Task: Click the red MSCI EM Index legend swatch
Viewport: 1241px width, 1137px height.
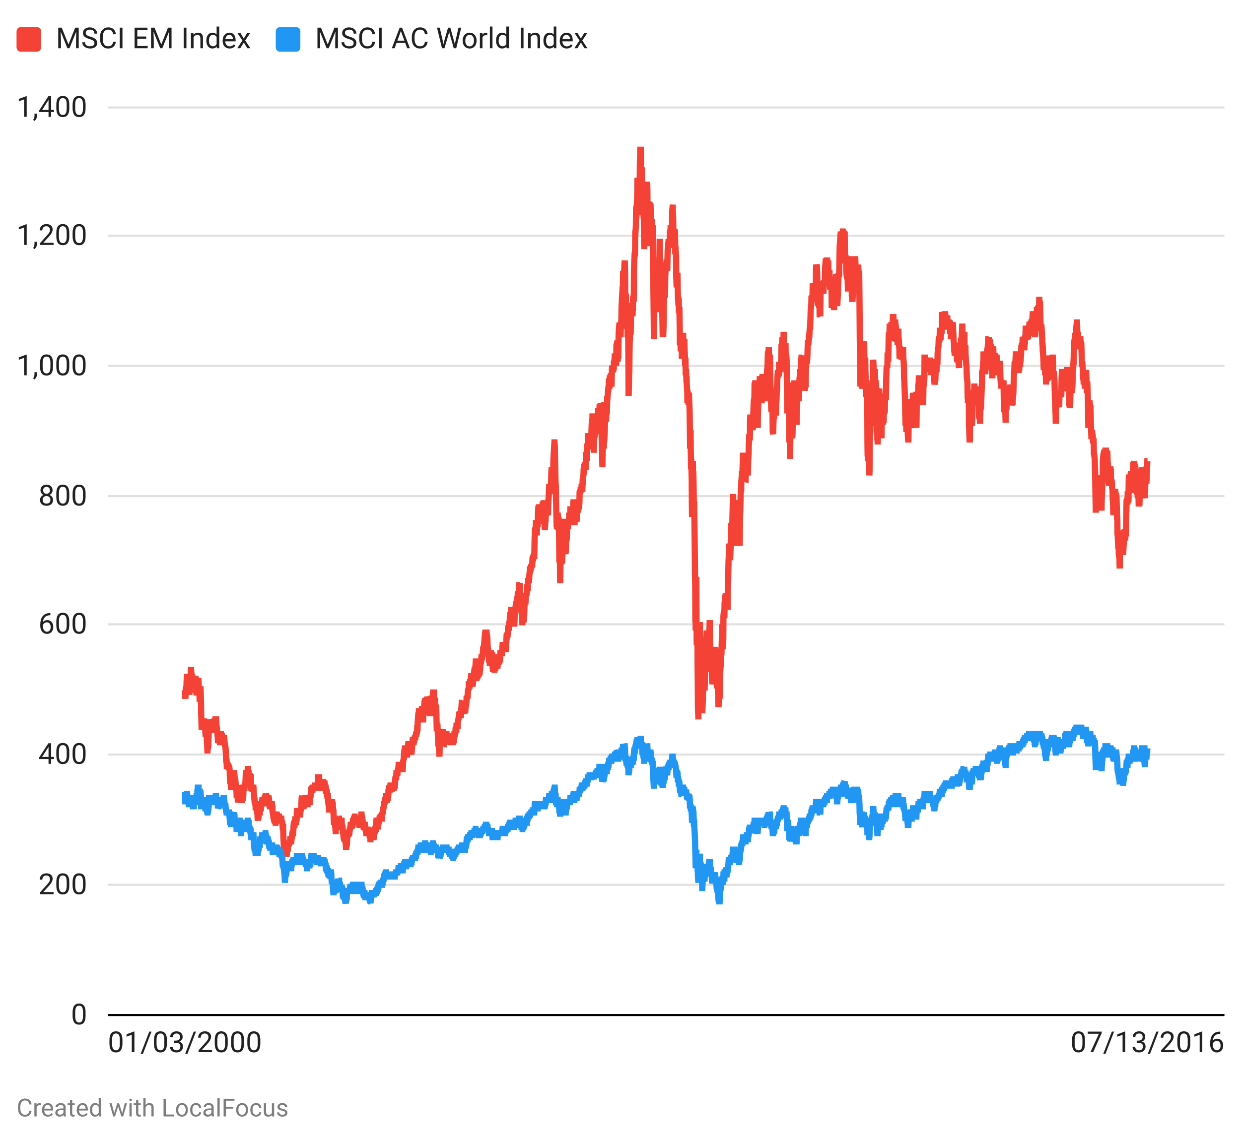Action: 28,39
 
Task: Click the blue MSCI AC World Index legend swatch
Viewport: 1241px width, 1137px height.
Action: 287,39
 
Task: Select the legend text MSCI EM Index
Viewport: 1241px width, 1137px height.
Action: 153,39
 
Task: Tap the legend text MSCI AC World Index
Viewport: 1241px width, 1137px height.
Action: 451,39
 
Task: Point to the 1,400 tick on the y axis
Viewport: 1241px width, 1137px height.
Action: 52,108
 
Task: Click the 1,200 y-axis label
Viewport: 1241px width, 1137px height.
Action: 52,236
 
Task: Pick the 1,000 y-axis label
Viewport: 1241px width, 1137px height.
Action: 52,366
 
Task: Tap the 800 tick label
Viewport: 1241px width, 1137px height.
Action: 62,496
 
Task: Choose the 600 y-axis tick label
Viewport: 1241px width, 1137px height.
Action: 62,625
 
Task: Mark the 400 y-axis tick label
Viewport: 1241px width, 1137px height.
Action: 62,755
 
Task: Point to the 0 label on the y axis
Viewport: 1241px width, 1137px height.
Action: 79,1014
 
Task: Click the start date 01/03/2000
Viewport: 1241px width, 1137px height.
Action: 185,1043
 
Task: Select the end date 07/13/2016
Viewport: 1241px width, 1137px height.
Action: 1147,1043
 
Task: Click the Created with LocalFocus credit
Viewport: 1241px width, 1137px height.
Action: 152,1108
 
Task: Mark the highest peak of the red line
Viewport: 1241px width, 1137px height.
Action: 640,149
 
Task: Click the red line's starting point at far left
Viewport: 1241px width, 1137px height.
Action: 184,695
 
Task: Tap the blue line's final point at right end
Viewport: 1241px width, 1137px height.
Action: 1148,753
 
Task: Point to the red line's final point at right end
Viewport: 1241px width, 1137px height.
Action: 1148,463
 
